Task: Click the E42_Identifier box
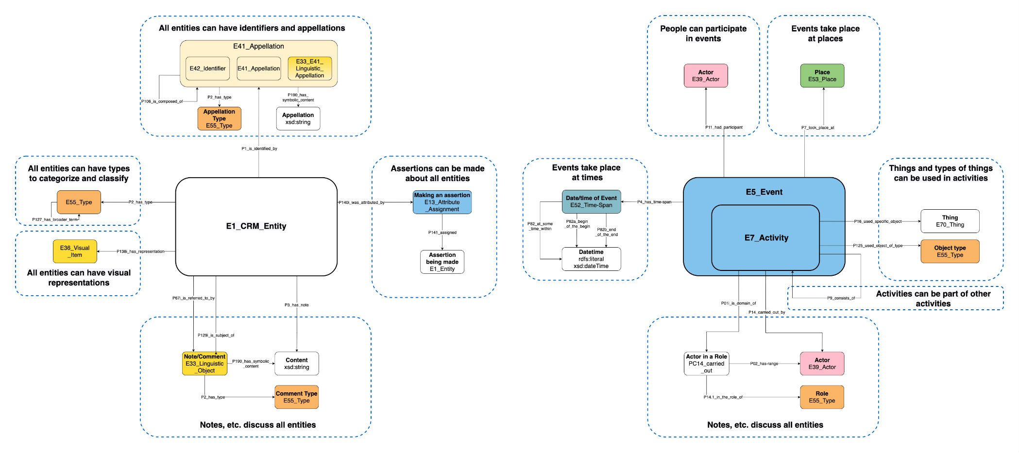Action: (207, 68)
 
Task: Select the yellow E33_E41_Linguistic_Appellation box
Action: (309, 68)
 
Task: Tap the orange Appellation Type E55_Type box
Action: (219, 118)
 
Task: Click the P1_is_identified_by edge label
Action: (259, 149)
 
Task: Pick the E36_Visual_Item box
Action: (75, 251)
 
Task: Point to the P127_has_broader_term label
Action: (55, 219)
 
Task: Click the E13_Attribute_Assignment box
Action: (442, 202)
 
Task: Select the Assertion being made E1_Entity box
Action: (442, 262)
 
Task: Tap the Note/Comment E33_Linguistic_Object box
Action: (204, 363)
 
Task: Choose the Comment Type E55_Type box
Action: (296, 397)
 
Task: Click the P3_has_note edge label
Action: (296, 305)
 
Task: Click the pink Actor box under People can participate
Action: (706, 76)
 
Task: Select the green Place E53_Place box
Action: (822, 76)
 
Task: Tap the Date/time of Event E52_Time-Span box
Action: (591, 201)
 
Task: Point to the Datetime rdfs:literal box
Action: (591, 259)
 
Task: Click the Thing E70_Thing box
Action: (950, 221)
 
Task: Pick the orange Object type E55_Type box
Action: (950, 251)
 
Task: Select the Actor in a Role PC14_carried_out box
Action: (706, 363)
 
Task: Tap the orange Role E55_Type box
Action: (822, 397)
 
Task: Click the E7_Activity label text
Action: (766, 237)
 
